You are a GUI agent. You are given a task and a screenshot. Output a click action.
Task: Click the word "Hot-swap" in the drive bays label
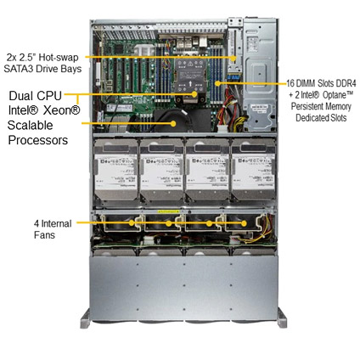(59, 58)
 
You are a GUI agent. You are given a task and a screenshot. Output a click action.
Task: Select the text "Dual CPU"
(36, 96)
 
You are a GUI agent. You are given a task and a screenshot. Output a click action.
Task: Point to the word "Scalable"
(31, 126)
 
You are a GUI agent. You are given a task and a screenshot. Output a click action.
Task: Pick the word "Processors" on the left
(38, 140)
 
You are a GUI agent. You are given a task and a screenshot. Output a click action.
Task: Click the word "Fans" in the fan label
(44, 235)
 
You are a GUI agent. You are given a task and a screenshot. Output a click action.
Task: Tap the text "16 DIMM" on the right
(301, 84)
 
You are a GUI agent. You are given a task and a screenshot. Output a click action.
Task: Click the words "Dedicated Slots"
(321, 118)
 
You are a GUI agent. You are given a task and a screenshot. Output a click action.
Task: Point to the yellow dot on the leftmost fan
(132, 222)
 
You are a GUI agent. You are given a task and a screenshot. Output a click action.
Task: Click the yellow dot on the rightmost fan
(244, 223)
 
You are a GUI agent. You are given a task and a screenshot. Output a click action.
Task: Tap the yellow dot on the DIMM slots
(217, 83)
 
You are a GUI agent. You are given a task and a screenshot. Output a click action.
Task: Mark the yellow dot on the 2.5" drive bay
(233, 58)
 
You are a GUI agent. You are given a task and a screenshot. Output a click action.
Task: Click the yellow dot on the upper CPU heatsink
(194, 94)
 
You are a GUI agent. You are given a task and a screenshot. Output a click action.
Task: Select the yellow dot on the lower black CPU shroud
(173, 123)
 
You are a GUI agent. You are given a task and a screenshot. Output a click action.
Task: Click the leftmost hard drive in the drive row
(116, 169)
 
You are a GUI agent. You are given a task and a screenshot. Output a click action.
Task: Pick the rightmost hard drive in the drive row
(253, 169)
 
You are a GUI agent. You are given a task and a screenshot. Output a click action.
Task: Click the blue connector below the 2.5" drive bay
(234, 76)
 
